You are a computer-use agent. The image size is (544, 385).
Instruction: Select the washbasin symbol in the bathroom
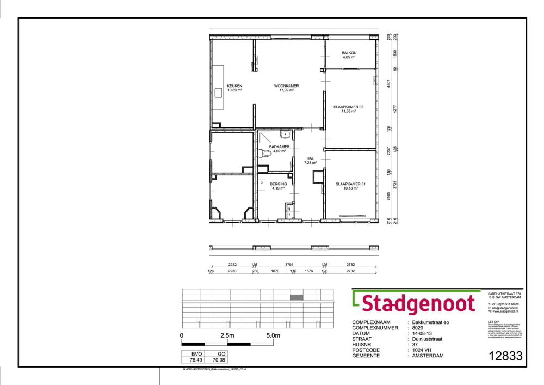pyautogui.click(x=285, y=134)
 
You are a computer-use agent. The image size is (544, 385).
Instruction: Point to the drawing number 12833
pyautogui.click(x=505, y=356)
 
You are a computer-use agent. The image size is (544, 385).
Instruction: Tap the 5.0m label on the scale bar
pyautogui.click(x=273, y=336)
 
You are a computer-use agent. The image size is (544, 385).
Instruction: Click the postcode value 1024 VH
pyautogui.click(x=426, y=350)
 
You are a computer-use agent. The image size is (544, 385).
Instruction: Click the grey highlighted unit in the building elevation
pyautogui.click(x=296, y=297)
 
